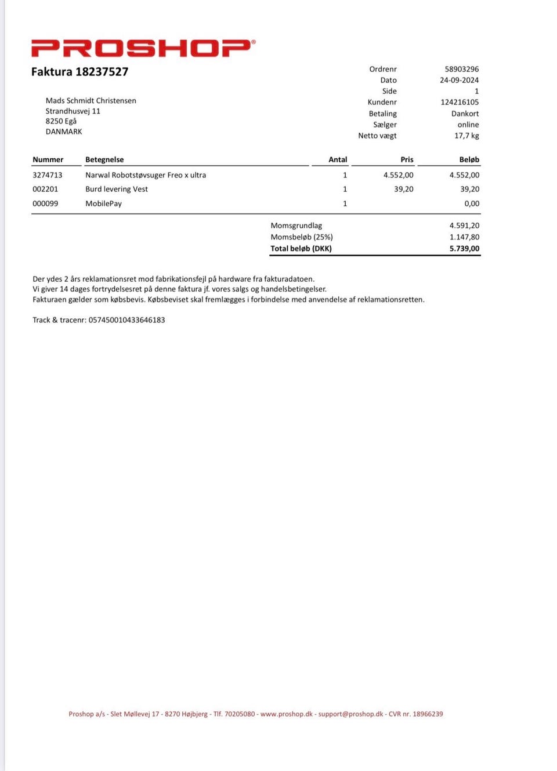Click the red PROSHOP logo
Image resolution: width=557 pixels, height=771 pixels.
[143, 48]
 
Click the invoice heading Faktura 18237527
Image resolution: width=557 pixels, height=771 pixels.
[79, 72]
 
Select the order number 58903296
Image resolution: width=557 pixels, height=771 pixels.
[461, 69]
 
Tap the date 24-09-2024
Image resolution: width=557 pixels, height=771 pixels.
[459, 80]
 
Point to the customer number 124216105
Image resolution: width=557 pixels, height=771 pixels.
[460, 102]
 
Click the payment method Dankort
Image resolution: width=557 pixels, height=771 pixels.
[465, 114]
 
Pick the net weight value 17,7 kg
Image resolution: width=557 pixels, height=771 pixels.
[466, 136]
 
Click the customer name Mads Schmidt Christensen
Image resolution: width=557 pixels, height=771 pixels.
[91, 100]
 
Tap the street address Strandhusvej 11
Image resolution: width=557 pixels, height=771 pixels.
[73, 111]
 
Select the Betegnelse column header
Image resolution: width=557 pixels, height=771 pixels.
[104, 159]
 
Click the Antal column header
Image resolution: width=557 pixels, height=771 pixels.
[338, 159]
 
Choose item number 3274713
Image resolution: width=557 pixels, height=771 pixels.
[48, 175]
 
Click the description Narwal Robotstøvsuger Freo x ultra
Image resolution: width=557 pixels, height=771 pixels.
[146, 175]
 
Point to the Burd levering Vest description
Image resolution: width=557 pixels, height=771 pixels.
[117, 189]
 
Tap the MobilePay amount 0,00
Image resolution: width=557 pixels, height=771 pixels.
[472, 203]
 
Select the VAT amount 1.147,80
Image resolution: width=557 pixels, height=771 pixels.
[464, 237]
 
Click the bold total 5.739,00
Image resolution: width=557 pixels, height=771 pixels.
[464, 249]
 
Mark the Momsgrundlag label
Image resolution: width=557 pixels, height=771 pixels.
[296, 226]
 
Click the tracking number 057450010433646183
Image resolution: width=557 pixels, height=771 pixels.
[126, 320]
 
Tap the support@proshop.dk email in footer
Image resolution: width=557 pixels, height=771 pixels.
[350, 714]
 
